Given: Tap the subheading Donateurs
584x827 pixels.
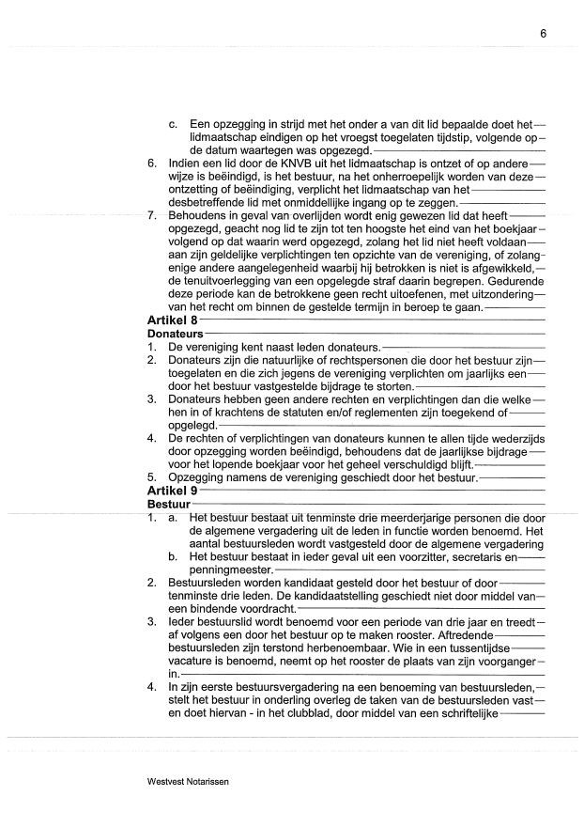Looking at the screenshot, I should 175,334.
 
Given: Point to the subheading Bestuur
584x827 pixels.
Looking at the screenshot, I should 168,504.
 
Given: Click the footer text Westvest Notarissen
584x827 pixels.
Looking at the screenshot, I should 188,781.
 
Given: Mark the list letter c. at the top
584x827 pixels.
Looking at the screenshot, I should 174,124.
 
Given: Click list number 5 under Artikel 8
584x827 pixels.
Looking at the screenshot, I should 152,478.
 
